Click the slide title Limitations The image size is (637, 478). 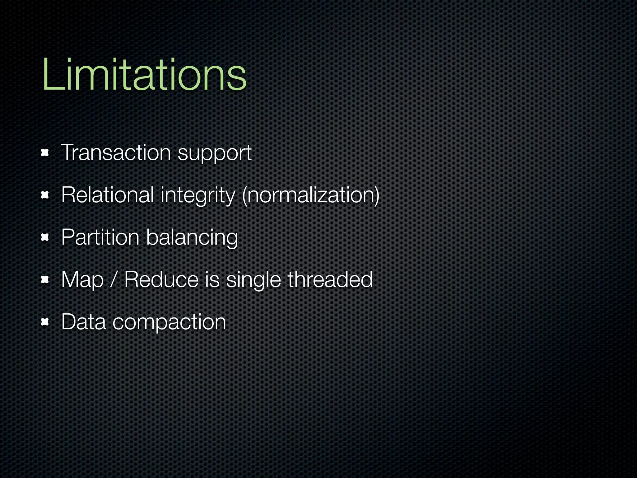[145, 75]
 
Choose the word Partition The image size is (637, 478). [100, 237]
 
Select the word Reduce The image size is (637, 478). [161, 279]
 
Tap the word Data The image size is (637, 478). [83, 322]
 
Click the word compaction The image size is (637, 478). [169, 322]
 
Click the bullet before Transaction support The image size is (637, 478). [45, 153]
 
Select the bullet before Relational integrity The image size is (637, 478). [45, 195]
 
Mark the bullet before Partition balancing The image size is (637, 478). [45, 238]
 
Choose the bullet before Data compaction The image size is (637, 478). [45, 322]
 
